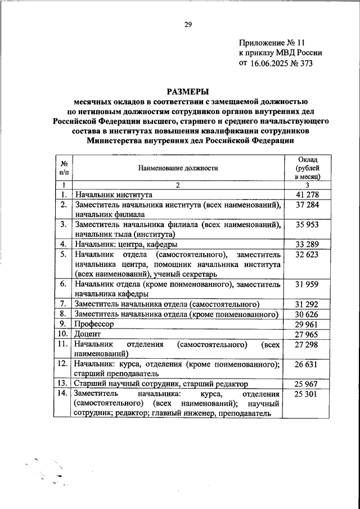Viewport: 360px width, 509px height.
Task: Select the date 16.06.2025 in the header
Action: coord(268,63)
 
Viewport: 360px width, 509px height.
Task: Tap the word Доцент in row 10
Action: coord(88,335)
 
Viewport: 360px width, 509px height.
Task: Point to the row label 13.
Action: coord(63,384)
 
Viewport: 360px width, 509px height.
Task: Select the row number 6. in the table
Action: coord(64,285)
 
